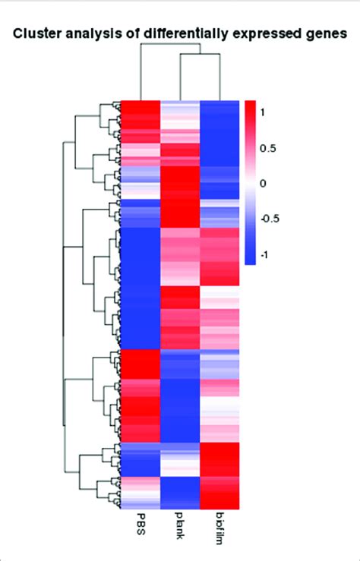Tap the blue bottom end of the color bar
click(252, 260)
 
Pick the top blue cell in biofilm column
click(219, 110)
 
